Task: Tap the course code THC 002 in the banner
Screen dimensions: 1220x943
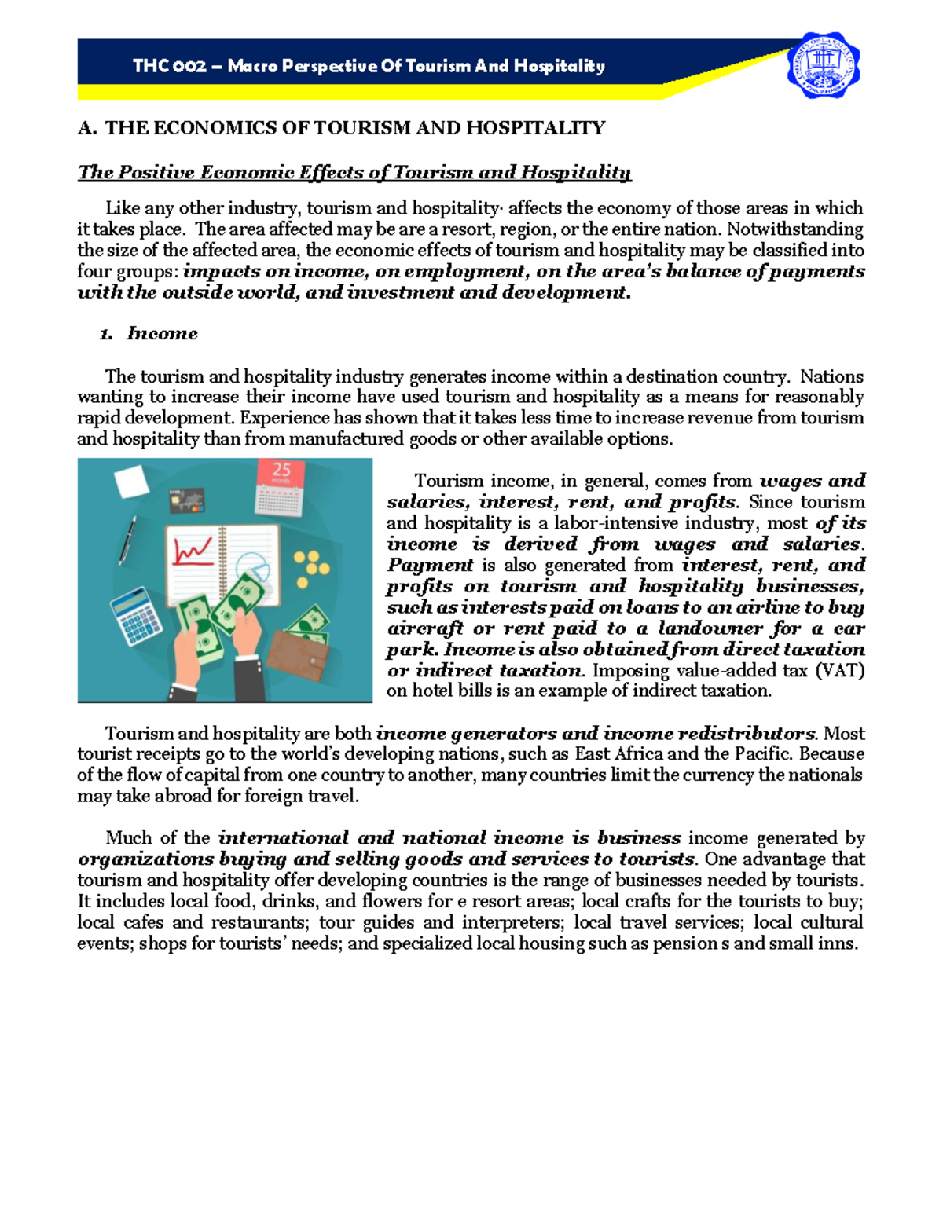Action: click(169, 66)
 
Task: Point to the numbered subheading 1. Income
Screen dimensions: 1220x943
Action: click(149, 333)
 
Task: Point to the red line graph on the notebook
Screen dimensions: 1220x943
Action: click(193, 551)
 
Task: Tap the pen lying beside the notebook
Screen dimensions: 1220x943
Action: click(127, 540)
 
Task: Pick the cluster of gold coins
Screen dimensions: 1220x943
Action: click(311, 568)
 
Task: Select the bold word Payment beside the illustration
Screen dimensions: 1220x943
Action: click(430, 565)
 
